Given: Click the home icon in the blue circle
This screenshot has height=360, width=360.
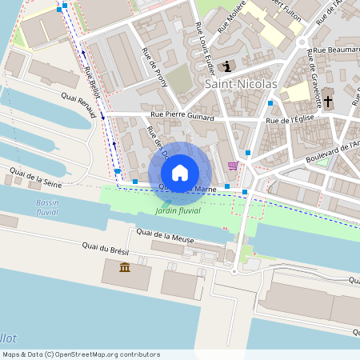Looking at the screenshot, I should pyautogui.click(x=179, y=172).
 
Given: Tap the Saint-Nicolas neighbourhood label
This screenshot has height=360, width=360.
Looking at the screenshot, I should pyautogui.click(x=241, y=83).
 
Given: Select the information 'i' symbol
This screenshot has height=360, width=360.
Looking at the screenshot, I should pyautogui.click(x=228, y=66).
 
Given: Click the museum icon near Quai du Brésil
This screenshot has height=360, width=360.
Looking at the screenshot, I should pyautogui.click(x=125, y=266).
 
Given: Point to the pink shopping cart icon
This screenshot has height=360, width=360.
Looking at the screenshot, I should pyautogui.click(x=233, y=166).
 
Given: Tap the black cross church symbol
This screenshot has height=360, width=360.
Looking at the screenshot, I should pyautogui.click(x=328, y=102).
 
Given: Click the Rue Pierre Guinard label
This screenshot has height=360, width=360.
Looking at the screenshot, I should pyautogui.click(x=182, y=117).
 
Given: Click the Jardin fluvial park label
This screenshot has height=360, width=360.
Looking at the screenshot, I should pyautogui.click(x=178, y=210).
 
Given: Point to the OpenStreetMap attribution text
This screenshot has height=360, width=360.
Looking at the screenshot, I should pyautogui.click(x=81, y=354).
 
